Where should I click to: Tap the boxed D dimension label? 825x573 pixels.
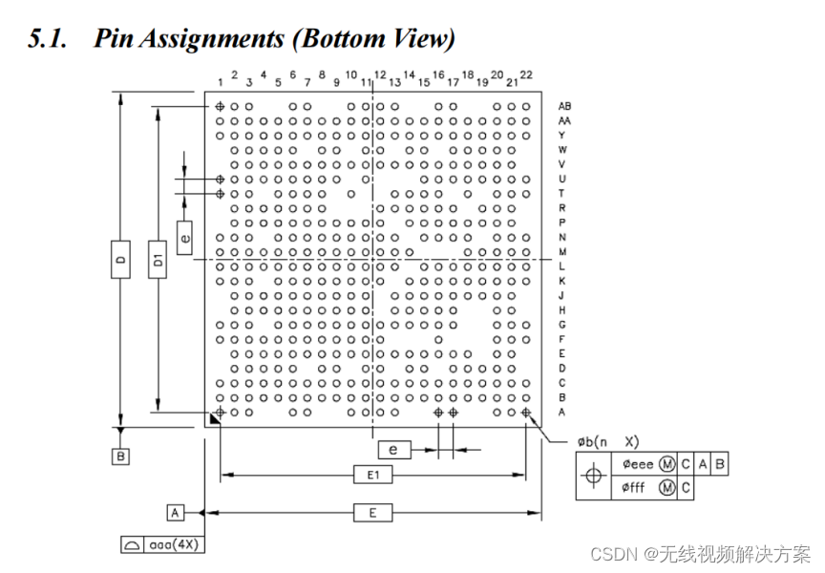pos(119,260)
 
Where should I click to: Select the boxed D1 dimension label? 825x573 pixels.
pos(158,260)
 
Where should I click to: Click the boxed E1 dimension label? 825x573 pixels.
pos(372,475)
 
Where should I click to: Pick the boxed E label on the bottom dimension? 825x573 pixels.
pos(372,513)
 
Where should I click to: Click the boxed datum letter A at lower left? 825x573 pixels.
pos(176,513)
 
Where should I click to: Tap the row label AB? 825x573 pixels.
pos(565,106)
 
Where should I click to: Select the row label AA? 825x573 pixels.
pos(565,121)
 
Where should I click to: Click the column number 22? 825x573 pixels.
pos(526,75)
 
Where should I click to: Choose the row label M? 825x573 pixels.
pos(562,251)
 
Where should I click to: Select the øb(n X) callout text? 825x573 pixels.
pos(607,442)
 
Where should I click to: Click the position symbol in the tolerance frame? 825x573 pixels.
pos(594,476)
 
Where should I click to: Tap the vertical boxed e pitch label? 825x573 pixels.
pos(185,231)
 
